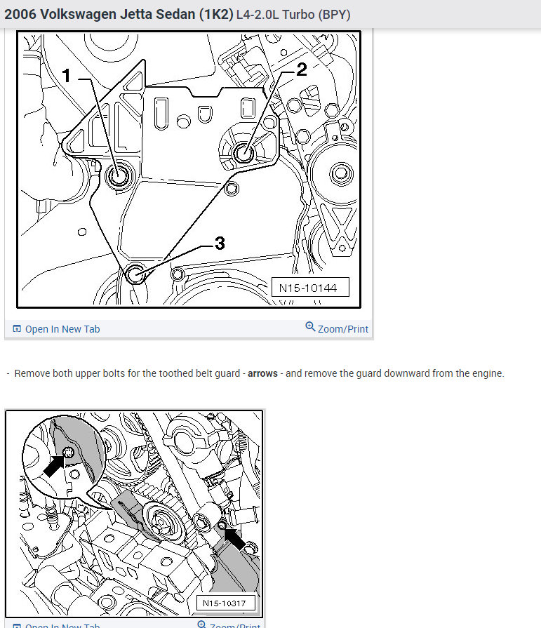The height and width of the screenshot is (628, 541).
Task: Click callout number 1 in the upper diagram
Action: [x=67, y=76]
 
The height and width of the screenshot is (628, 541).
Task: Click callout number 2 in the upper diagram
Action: [x=302, y=69]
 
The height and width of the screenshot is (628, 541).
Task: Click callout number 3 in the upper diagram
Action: [x=220, y=243]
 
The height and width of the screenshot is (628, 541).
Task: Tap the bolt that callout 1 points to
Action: [x=118, y=175]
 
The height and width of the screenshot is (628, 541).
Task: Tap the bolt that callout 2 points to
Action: [x=243, y=152]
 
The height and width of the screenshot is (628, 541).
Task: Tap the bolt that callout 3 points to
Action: [x=135, y=274]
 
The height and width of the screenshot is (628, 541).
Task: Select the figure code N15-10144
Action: [x=308, y=288]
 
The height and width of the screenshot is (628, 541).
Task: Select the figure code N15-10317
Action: [x=225, y=603]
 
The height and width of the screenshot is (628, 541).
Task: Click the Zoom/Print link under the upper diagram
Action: [x=343, y=329]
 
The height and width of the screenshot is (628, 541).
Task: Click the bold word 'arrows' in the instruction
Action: [x=262, y=373]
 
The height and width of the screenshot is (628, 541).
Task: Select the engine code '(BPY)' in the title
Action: [x=335, y=15]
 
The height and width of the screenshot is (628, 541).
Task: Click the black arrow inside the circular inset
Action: [x=54, y=466]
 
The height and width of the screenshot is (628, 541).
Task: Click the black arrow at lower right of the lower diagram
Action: [x=235, y=539]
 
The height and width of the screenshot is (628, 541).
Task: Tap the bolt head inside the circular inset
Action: [x=69, y=453]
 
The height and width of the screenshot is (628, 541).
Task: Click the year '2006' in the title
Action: [x=20, y=15]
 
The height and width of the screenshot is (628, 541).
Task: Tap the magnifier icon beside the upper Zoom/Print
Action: [x=310, y=327]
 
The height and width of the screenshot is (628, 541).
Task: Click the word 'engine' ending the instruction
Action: [x=488, y=374]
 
